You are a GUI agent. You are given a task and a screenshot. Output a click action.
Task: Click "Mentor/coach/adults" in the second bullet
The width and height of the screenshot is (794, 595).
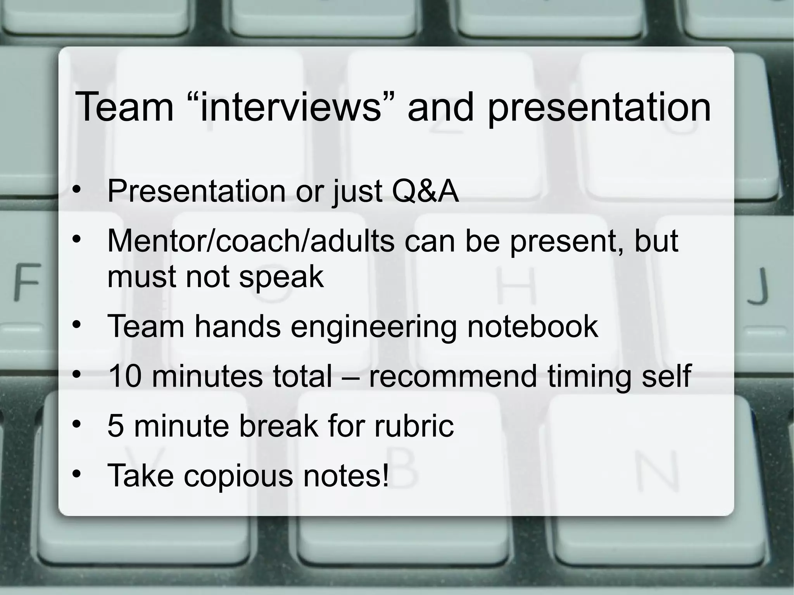tap(250, 241)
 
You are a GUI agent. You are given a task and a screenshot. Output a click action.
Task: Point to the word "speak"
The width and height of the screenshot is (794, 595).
tap(281, 278)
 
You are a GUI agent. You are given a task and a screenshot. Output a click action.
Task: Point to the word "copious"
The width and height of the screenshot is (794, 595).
tap(238, 476)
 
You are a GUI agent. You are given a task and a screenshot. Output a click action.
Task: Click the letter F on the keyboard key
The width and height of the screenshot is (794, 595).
tap(27, 282)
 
